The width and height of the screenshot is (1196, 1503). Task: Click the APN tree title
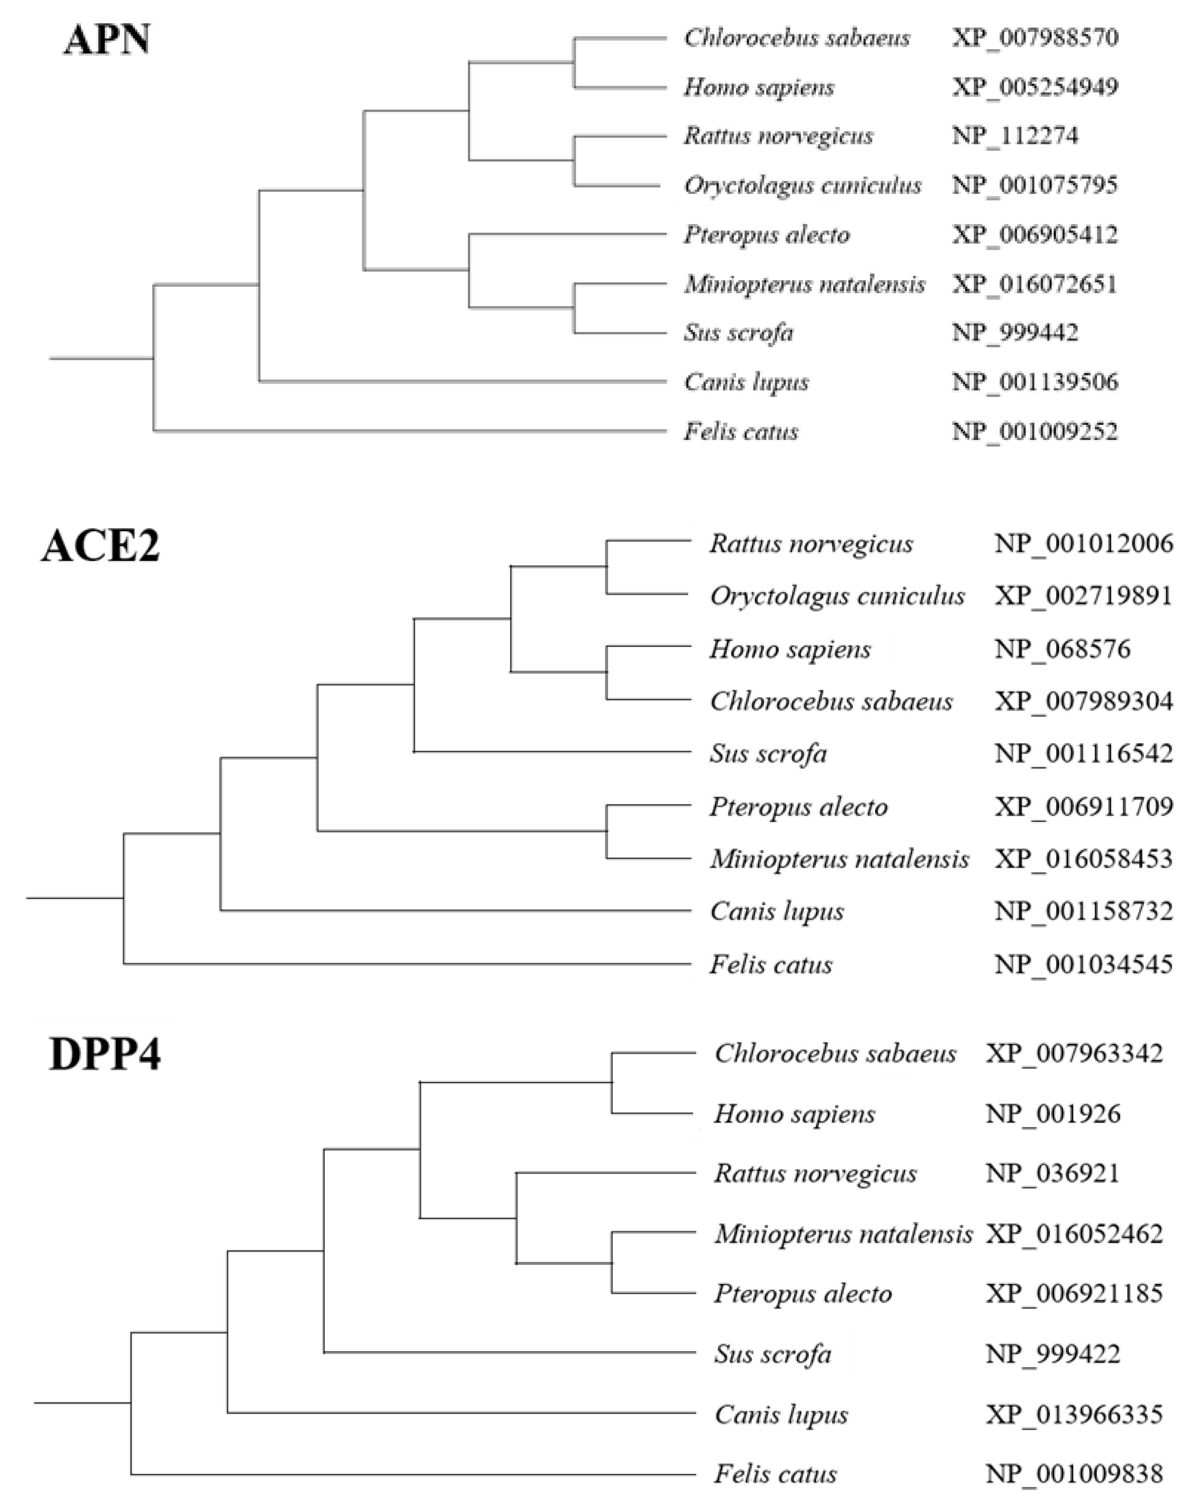click(107, 40)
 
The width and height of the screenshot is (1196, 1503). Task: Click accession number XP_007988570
click(1035, 37)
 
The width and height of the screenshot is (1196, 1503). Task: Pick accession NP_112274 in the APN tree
click(1015, 135)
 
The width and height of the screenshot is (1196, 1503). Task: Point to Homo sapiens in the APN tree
click(759, 87)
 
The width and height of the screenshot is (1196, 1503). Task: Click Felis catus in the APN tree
click(741, 432)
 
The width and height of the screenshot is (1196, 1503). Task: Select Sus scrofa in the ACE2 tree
click(768, 753)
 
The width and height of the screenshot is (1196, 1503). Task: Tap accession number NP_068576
click(1062, 649)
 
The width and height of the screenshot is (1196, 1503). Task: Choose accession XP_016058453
click(1083, 859)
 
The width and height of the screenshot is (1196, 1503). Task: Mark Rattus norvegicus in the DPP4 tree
click(815, 1174)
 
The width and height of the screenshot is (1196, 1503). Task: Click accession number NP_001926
click(1052, 1114)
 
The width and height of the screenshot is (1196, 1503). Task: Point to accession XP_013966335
click(1074, 1415)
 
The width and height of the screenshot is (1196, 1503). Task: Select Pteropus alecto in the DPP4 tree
click(803, 1294)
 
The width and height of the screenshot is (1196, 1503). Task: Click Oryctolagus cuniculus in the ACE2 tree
click(837, 596)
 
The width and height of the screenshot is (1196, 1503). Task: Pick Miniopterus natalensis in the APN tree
click(804, 284)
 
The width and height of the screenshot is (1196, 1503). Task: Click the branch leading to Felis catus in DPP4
click(412, 1474)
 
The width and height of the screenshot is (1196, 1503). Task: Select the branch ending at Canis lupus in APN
click(460, 382)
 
